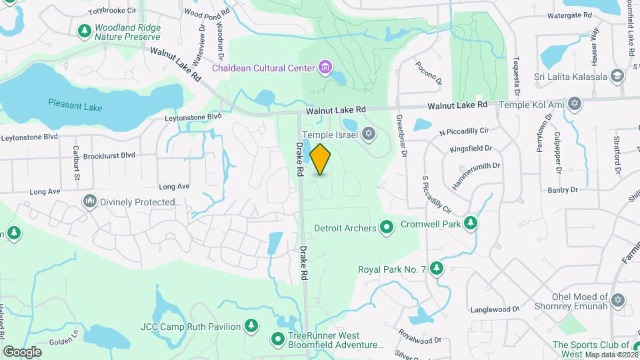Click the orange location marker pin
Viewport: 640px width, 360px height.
coord(321,159)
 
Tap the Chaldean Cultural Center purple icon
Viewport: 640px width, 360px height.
coord(325,67)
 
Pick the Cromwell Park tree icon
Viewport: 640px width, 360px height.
coord(471,224)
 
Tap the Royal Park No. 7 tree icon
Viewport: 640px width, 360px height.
coord(437,269)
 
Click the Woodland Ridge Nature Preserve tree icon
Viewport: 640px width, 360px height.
coord(85,31)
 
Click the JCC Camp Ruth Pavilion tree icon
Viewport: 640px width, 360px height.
coord(251,326)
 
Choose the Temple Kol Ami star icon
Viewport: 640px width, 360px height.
coord(575,105)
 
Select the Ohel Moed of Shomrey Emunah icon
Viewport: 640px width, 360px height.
coord(618,301)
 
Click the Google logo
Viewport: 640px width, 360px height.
coord(22,351)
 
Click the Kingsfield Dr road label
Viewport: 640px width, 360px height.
coord(471,149)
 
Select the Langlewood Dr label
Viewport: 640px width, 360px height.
coord(495,309)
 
